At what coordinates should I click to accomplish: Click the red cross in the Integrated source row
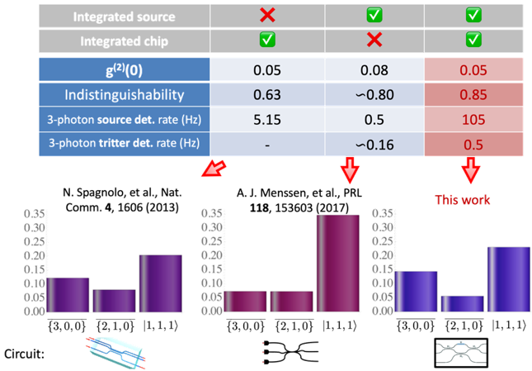pyautogui.click(x=266, y=16)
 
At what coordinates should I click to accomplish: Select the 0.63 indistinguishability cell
pyautogui.click(x=266, y=94)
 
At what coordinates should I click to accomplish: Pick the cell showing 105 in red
pyautogui.click(x=473, y=119)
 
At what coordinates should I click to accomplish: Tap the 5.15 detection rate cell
pyautogui.click(x=266, y=119)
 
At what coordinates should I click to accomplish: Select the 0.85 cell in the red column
pyautogui.click(x=473, y=94)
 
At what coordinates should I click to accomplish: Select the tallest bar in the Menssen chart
pyautogui.click(x=339, y=263)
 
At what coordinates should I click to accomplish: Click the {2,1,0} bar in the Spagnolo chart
pyautogui.click(x=115, y=300)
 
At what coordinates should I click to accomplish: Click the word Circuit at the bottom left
pyautogui.click(x=25, y=354)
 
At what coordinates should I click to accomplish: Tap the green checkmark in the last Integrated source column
pyautogui.click(x=473, y=16)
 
